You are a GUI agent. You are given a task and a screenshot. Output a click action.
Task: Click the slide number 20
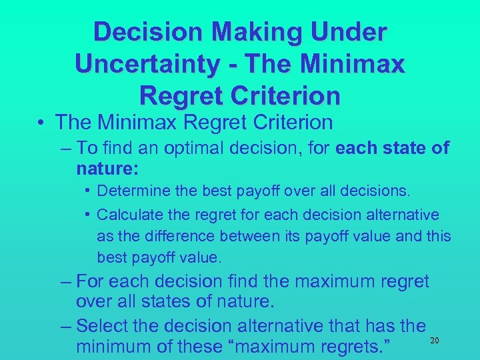pyautogui.click(x=434, y=341)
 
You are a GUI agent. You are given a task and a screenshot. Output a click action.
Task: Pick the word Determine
pyautogui.click(x=131, y=191)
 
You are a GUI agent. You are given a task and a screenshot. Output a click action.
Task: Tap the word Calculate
pyautogui.click(x=130, y=215)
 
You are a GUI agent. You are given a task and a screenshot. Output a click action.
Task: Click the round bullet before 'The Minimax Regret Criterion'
pyautogui.click(x=42, y=123)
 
